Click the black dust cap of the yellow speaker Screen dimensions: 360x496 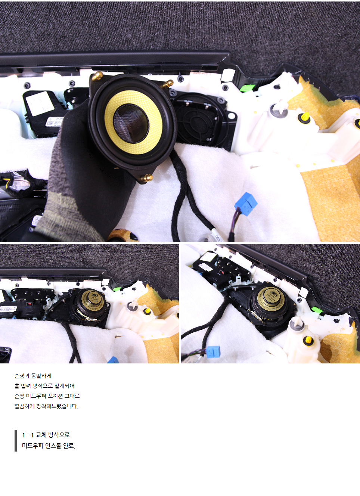(x=131, y=124)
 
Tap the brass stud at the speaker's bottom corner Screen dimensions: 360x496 (x=147, y=177)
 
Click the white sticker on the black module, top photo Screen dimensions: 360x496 (x=40, y=103)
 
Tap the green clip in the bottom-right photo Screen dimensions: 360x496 (x=317, y=310)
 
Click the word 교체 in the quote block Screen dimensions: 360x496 (x=40, y=435)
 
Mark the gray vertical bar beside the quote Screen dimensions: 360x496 (x=16, y=441)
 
